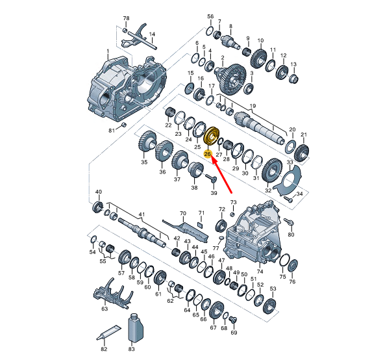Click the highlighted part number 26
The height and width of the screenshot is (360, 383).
click(x=208, y=154)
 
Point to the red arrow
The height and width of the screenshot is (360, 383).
click(x=222, y=175)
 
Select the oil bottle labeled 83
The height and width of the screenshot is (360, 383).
click(x=135, y=328)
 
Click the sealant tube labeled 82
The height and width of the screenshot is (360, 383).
click(x=108, y=333)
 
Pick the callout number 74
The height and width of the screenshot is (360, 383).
click(x=260, y=271)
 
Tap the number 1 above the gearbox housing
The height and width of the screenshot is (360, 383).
click(x=108, y=51)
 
